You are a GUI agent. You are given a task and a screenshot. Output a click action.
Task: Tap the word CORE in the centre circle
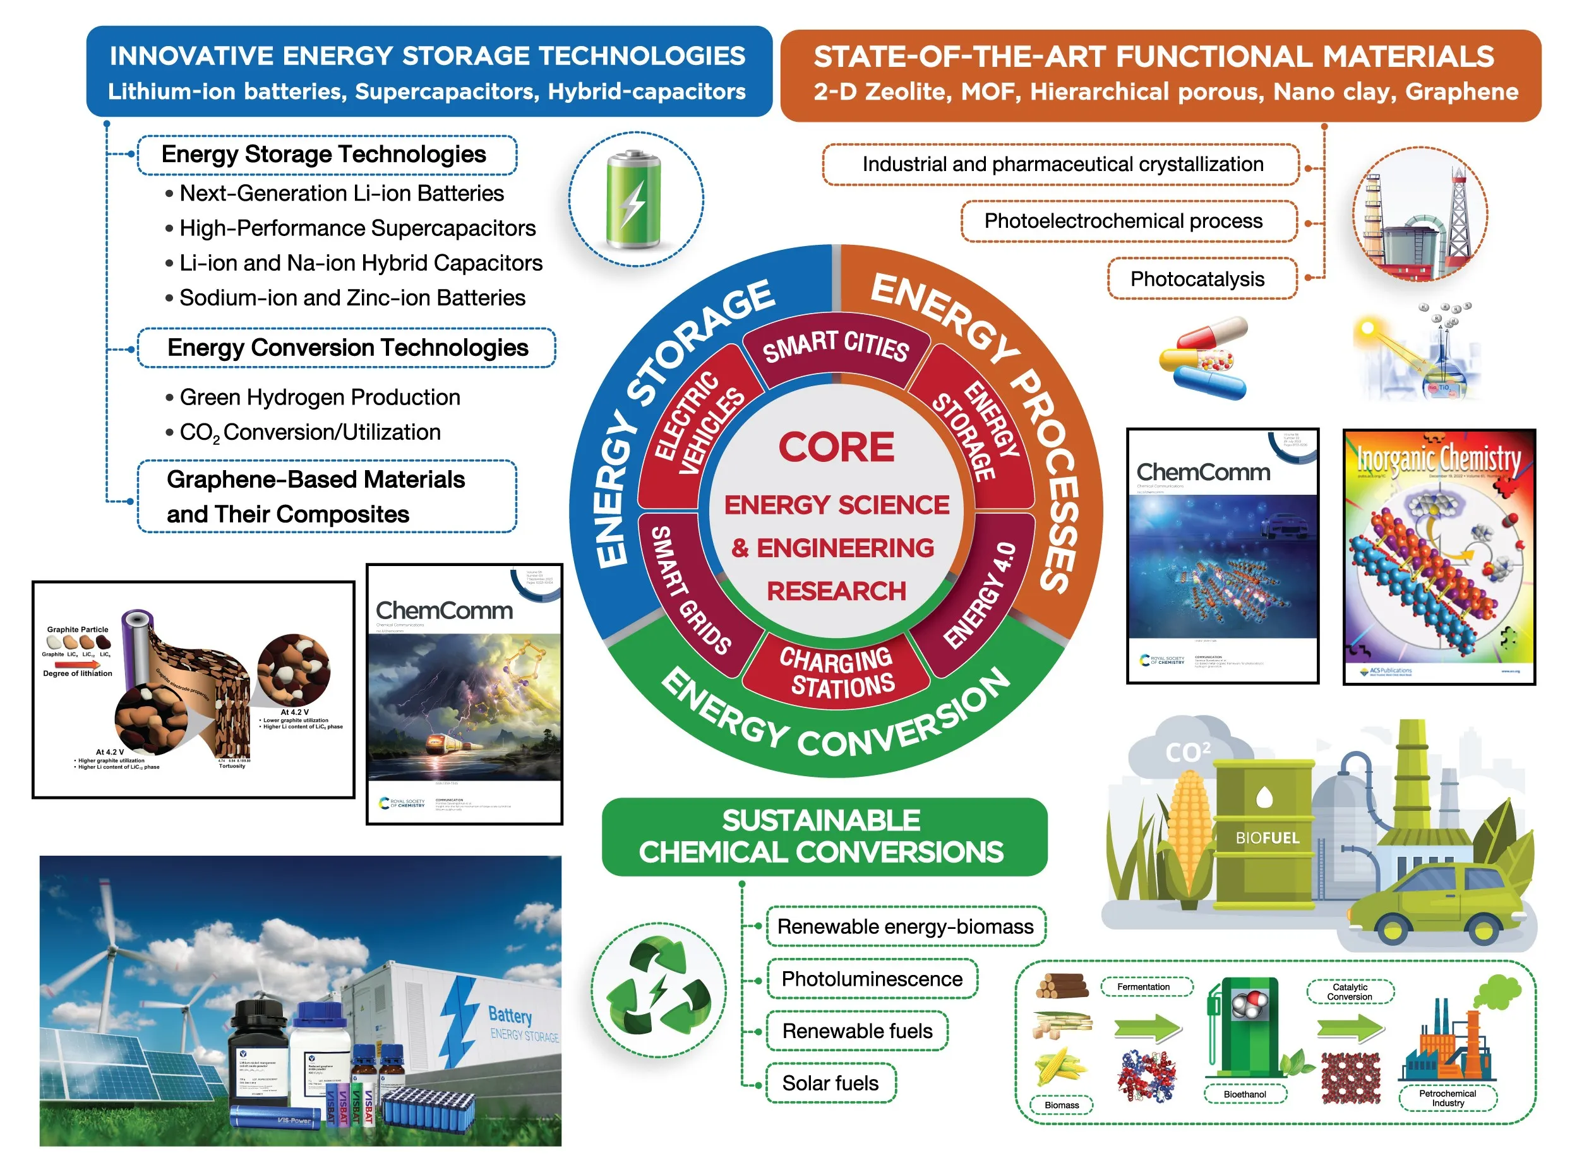pyautogui.click(x=836, y=447)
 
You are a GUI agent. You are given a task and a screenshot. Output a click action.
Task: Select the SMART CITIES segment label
pyautogui.click(x=836, y=347)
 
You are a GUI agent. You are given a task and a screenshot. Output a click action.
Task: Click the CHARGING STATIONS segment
pyautogui.click(x=837, y=672)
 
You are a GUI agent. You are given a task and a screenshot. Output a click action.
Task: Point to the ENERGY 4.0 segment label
pyautogui.click(x=980, y=594)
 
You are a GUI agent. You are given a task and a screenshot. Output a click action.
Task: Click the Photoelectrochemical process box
pyautogui.click(x=1127, y=221)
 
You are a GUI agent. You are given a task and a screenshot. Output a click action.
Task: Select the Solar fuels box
pyautogui.click(x=830, y=1082)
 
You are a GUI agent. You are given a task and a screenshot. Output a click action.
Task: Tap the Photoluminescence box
pyautogui.click(x=871, y=979)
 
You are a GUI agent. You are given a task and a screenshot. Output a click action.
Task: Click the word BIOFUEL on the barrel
pyautogui.click(x=1267, y=838)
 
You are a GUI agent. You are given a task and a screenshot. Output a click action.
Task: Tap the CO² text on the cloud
pyautogui.click(x=1187, y=752)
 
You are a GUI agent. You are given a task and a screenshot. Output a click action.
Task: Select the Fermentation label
pyautogui.click(x=1143, y=986)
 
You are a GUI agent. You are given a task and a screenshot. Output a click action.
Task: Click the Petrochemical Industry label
pyautogui.click(x=1447, y=1098)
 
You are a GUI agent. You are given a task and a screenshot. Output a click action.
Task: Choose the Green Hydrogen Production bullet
pyautogui.click(x=320, y=397)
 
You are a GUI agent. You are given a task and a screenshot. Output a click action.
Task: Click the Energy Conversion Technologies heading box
pyautogui.click(x=347, y=348)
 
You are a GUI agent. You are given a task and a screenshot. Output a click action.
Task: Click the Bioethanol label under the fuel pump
pyautogui.click(x=1245, y=1094)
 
